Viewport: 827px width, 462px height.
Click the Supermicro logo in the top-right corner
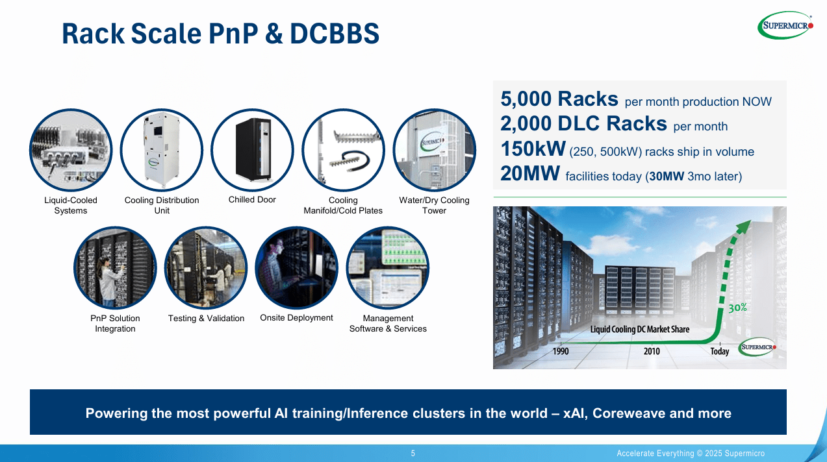coord(785,25)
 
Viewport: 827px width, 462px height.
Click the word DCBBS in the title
coord(335,34)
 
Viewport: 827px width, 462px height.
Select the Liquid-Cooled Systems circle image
coord(71,150)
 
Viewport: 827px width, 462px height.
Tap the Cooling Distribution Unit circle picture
coord(162,150)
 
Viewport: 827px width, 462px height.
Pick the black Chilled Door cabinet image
coord(253,150)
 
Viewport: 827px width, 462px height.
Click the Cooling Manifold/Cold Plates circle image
coord(344,150)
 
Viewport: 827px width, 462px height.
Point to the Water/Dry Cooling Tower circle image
coord(434,150)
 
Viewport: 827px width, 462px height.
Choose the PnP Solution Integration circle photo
coord(115,268)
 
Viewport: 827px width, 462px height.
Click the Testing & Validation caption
coord(206,318)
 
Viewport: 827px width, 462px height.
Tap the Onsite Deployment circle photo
coord(296,268)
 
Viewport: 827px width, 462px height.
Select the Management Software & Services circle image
coord(388,268)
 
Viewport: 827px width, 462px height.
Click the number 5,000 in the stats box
coord(526,99)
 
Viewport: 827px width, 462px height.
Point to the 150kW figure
coord(533,149)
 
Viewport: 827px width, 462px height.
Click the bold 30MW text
coord(667,176)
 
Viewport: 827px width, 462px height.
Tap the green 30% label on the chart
coord(737,308)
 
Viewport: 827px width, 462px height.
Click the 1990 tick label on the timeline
coord(561,351)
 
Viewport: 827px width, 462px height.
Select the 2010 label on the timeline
coord(652,351)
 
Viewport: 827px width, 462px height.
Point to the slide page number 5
coord(413,453)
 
